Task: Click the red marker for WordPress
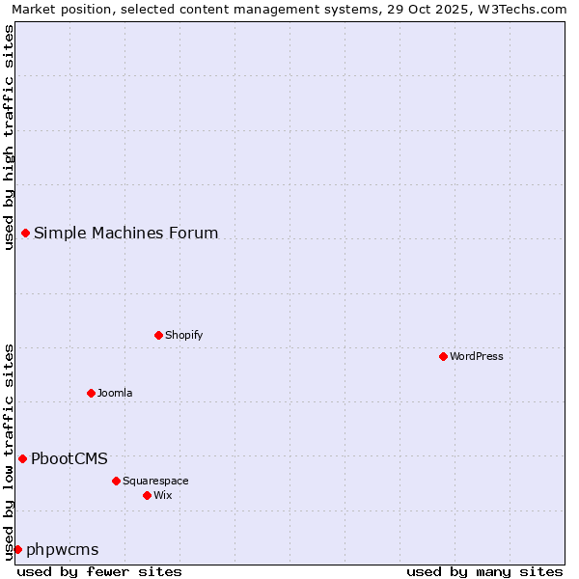[x=443, y=356]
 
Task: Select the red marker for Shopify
[x=158, y=335]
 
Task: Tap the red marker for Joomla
[x=91, y=393]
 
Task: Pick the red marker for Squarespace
[x=116, y=481]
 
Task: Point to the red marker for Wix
[x=147, y=495]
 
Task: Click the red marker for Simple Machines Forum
[x=25, y=233]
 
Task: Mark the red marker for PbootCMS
[x=22, y=458]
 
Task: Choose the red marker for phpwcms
[x=17, y=549]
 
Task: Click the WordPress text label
[x=477, y=356]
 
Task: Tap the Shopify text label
[x=183, y=335]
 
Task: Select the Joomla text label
[x=115, y=393]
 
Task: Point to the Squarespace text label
[x=155, y=481]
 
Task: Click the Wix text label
[x=163, y=495]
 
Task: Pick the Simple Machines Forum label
[x=126, y=233]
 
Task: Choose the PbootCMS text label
[x=69, y=458]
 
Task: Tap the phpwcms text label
[x=63, y=549]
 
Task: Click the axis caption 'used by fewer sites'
[x=99, y=571]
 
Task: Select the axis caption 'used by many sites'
[x=484, y=571]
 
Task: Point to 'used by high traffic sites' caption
[x=9, y=137]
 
